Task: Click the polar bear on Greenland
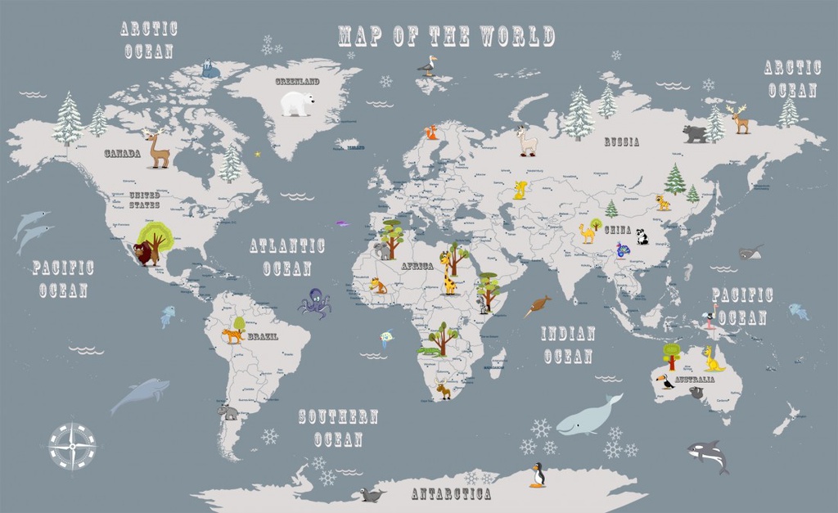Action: (297, 103)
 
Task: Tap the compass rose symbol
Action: (72, 446)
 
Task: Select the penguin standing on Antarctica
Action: (538, 475)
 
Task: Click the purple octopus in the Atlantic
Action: (314, 304)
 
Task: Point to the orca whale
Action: (707, 455)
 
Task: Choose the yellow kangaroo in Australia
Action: (714, 359)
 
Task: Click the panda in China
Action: (642, 236)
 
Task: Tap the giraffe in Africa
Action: (449, 274)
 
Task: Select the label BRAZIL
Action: (263, 336)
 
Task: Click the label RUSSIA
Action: (622, 142)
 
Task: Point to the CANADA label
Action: (122, 153)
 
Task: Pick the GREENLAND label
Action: (297, 82)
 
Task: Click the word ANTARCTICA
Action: (451, 494)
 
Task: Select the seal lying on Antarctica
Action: (372, 495)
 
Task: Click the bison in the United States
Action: (144, 253)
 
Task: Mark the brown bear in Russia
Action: (695, 133)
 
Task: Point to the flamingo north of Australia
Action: (710, 316)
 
